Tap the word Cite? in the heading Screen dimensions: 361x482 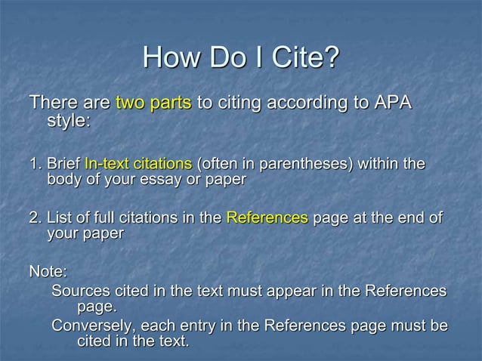305,57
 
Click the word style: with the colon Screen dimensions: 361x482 70,122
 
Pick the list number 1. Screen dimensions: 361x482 34,164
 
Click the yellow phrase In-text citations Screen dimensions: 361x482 138,164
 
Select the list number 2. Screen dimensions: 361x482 34,218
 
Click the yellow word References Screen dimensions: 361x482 267,218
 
